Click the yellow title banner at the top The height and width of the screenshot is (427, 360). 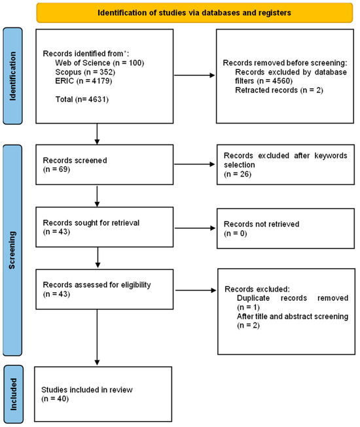point(194,13)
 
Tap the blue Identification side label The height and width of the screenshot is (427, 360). point(12,76)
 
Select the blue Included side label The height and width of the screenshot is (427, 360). point(13,394)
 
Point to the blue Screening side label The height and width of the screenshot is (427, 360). point(12,250)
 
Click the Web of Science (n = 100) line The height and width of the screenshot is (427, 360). point(99,63)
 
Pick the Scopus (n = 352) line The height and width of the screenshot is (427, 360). point(85,72)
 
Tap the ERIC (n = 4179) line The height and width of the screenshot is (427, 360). point(83,81)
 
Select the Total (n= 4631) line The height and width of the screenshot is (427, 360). point(82,99)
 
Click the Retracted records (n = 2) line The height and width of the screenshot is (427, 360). point(279,90)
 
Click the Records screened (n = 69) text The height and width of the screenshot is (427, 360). point(75,165)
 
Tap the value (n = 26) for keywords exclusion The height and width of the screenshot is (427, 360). point(238,174)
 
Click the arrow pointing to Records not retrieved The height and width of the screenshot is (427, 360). point(195,228)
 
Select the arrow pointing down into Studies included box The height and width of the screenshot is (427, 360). point(97,337)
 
